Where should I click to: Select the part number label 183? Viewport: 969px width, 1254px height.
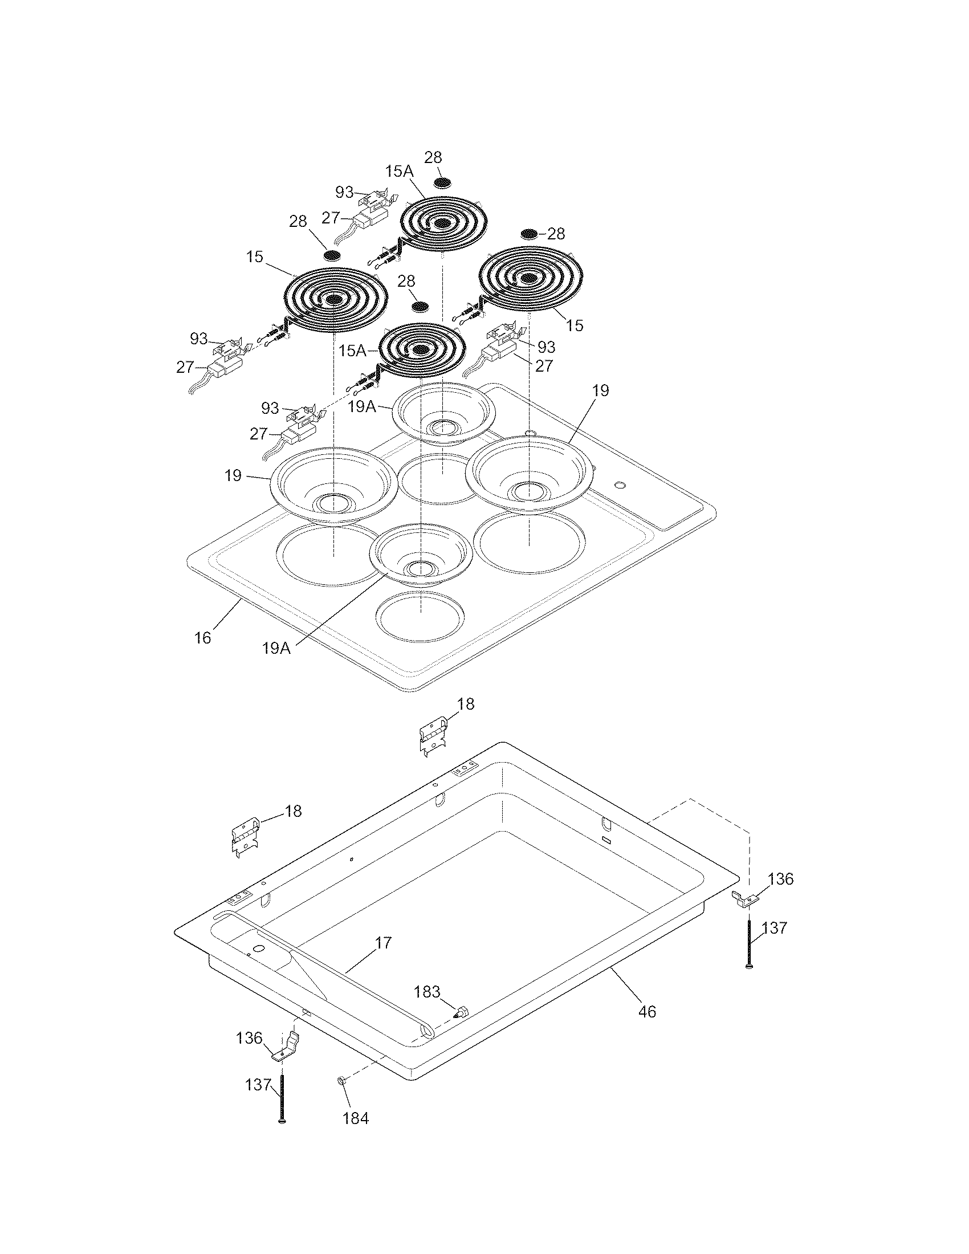coord(427,991)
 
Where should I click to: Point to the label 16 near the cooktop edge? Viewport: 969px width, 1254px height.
coord(203,638)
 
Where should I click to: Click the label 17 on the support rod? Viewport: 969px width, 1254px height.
coord(384,942)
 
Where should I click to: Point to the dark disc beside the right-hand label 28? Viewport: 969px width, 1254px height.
coord(529,234)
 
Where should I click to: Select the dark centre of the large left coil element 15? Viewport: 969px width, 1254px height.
coord(332,299)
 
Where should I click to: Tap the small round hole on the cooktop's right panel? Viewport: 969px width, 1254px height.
coord(619,486)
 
